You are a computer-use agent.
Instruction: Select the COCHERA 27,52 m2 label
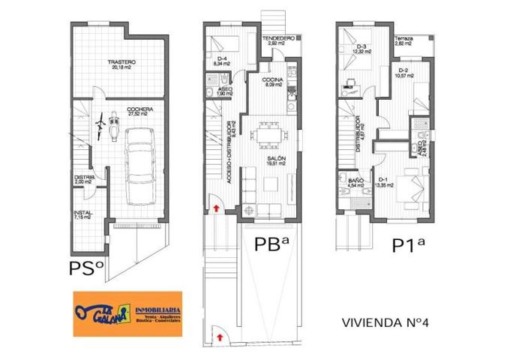(139, 112)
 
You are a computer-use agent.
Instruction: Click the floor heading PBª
(272, 245)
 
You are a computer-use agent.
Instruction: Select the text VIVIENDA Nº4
(388, 323)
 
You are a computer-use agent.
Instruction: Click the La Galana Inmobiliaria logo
(127, 313)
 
